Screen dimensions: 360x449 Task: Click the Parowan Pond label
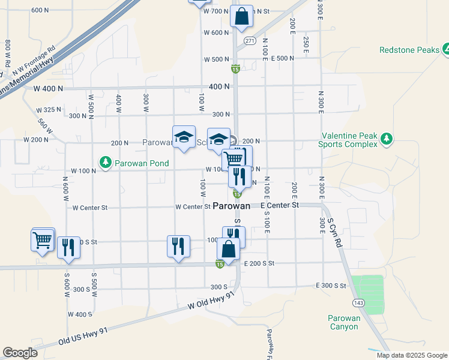143,163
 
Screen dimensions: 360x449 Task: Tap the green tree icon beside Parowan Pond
106,163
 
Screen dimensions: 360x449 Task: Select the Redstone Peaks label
409,50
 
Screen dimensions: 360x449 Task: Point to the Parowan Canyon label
344,322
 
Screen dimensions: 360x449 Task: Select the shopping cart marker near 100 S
43,241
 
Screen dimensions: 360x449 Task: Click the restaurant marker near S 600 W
69,247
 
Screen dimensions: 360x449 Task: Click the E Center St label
280,205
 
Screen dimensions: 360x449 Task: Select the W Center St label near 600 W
89,208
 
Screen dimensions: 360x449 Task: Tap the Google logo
20,353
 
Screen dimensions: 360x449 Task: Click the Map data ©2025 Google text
411,355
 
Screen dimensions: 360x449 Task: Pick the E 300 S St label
331,286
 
